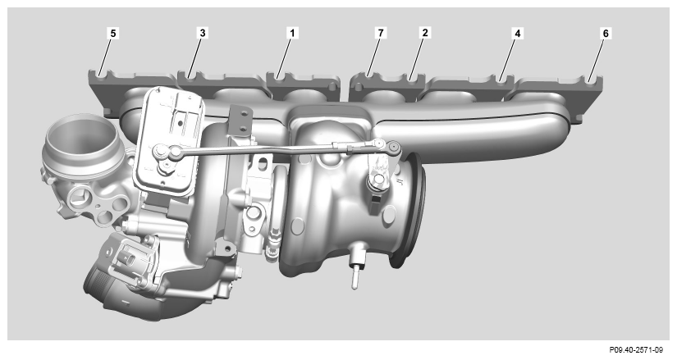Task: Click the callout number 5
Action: point(113,34)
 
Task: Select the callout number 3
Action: point(203,33)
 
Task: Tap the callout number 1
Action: point(292,33)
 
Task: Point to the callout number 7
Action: point(381,33)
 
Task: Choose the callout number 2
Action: point(425,33)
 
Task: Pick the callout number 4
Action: point(517,34)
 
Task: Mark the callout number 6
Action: point(606,34)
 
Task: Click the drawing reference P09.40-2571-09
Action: point(636,349)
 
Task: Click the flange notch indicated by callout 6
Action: point(590,80)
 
